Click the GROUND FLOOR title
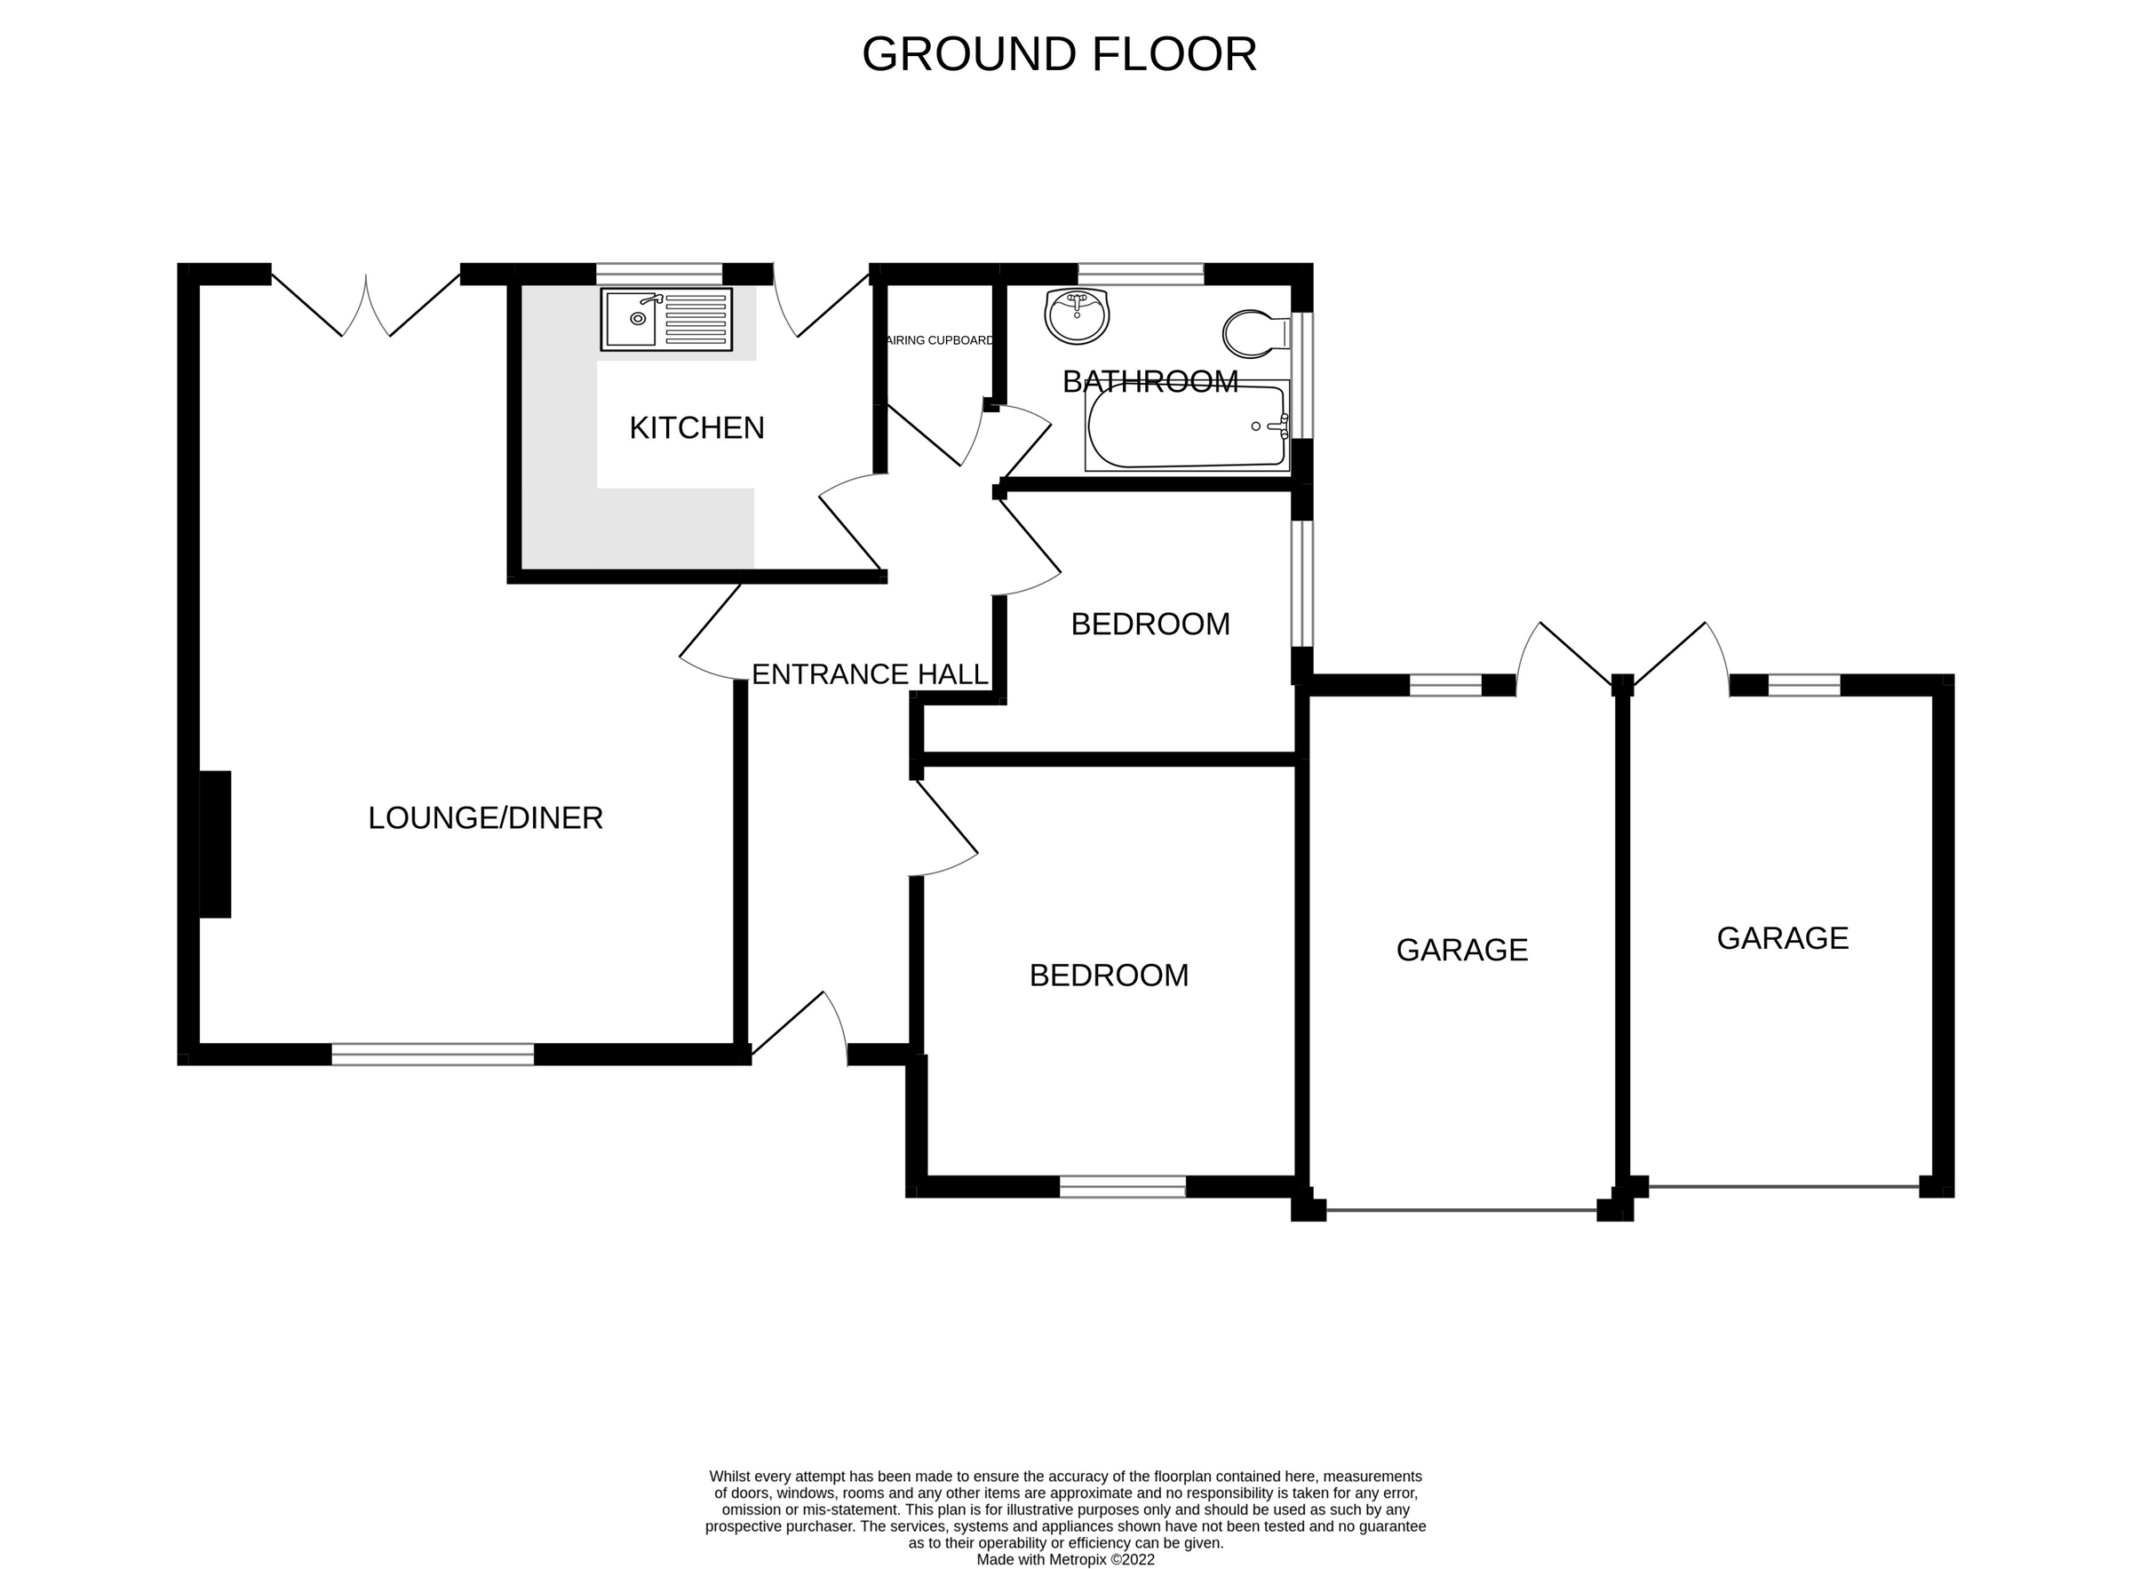click(x=1059, y=54)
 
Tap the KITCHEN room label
click(x=696, y=428)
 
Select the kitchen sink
click(x=665, y=319)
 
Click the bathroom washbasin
click(x=1077, y=316)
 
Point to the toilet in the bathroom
click(x=1256, y=333)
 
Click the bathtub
click(x=1187, y=426)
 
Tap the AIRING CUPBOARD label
click(x=940, y=340)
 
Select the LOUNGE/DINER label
click(x=485, y=817)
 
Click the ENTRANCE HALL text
click(x=870, y=674)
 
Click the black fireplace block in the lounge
click(x=216, y=844)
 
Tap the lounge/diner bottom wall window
click(x=432, y=1055)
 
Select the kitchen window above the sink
click(x=659, y=275)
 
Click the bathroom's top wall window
click(x=1141, y=275)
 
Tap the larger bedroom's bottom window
click(x=1123, y=1186)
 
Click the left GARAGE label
click(x=1461, y=950)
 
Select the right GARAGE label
click(x=1783, y=938)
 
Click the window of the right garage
click(x=1803, y=685)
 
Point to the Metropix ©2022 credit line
click(x=1065, y=1559)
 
